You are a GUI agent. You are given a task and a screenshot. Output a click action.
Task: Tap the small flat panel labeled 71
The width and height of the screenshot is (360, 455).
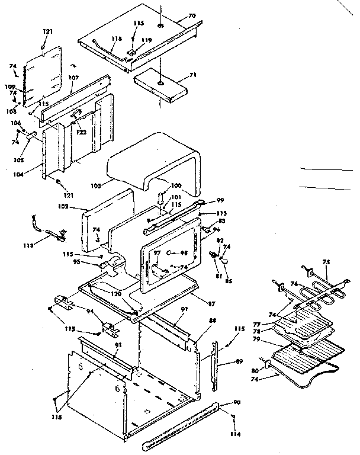click(162, 85)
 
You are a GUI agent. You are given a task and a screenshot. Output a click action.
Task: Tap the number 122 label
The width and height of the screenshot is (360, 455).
click(81, 132)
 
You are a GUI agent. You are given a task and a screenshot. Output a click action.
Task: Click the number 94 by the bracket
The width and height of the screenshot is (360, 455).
click(89, 310)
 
